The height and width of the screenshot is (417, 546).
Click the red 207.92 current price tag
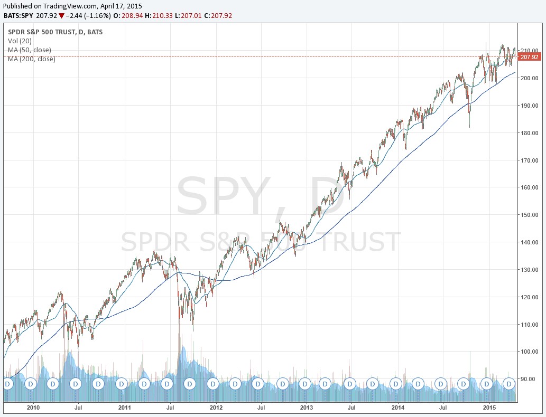[529, 56]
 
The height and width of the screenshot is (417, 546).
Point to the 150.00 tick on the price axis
[529, 215]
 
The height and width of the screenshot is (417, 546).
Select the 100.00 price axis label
[529, 352]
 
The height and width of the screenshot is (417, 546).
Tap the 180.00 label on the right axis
[529, 133]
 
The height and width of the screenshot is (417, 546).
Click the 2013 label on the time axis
[307, 407]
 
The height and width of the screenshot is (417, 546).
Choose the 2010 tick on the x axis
[33, 407]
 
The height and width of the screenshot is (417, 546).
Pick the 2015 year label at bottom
[489, 407]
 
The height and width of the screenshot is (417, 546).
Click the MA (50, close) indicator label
[29, 50]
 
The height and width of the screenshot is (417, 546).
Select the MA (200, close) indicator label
[31, 59]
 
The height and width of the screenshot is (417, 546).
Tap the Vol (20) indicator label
[20, 41]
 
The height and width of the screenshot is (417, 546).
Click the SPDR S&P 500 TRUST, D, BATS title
[55, 32]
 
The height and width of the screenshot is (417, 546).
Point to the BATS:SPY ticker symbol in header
[18, 16]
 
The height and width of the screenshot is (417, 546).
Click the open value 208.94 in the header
[132, 16]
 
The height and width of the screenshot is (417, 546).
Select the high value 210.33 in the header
[162, 16]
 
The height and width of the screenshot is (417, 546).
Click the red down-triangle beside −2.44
[62, 16]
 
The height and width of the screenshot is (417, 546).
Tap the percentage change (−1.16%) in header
[98, 16]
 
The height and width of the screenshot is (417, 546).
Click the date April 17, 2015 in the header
[121, 6]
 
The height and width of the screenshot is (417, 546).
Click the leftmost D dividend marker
[7, 384]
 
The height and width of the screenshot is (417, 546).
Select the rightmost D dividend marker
[509, 384]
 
